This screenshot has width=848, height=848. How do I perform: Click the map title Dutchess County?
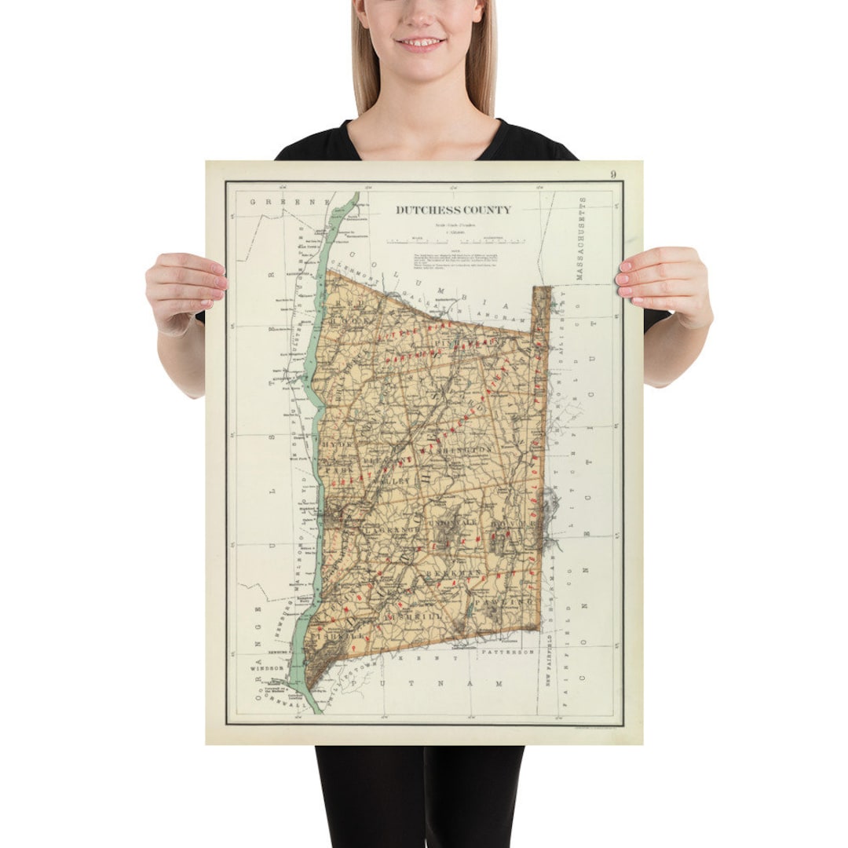pos(453,210)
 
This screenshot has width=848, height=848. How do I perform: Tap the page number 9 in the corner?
pos(612,174)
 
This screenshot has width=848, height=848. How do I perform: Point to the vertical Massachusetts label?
pos(582,239)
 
